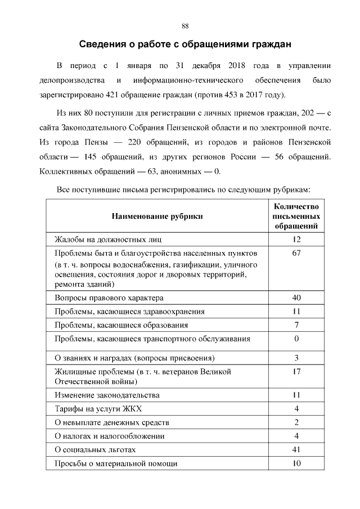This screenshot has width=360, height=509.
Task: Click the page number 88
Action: point(185,26)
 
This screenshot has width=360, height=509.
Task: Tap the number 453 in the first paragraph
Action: point(227,93)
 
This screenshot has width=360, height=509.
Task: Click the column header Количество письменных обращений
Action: point(296,215)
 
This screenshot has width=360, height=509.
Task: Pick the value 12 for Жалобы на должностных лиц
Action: point(296,240)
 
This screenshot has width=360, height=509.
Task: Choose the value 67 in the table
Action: point(296,253)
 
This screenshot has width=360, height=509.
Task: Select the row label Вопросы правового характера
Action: point(109,298)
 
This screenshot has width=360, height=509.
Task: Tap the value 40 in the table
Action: point(296,298)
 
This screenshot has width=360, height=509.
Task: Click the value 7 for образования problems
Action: point(296,325)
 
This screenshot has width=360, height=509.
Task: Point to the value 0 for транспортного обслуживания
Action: point(296,339)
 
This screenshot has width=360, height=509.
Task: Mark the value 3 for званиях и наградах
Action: point(296,358)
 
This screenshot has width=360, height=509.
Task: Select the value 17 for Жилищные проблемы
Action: point(296,372)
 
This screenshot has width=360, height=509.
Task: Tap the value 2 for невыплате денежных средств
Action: point(296,422)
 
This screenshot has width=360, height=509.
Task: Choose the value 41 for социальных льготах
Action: point(296,450)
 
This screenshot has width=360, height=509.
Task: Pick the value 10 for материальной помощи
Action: point(296,463)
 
